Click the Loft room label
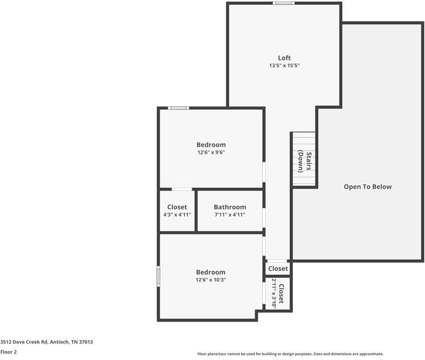pos(284,58)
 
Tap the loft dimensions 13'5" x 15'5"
pos(284,65)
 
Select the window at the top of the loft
pos(283,3)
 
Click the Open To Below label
pos(367,187)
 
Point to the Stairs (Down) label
pos(305,161)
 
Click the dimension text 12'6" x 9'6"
pos(211,152)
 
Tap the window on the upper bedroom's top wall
pos(178,108)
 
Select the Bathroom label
pos(230,207)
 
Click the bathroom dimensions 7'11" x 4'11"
pos(230,215)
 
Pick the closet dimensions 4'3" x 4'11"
pos(177,215)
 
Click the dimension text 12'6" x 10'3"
pos(211,280)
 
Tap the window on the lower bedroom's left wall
pos(158,277)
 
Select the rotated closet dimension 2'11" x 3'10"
pos(274,293)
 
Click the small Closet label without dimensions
pos(278,269)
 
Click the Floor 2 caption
pos(8,352)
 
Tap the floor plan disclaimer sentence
pos(290,354)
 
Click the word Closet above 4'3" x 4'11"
pos(177,207)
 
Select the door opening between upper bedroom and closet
pos(182,189)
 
